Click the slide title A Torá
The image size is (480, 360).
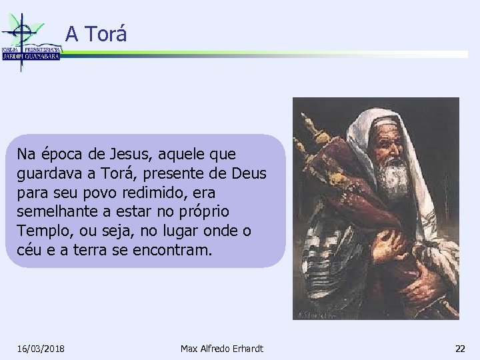point(96,34)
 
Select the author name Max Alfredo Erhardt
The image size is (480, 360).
point(222,349)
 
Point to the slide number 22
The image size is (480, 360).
point(460,349)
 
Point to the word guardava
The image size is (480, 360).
point(48,174)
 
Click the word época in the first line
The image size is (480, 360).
point(56,155)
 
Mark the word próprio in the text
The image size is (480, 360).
point(203,212)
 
